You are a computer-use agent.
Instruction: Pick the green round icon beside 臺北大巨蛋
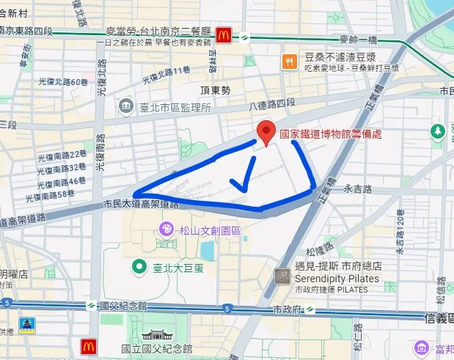tap(137, 266)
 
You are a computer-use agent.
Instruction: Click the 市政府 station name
tap(287, 309)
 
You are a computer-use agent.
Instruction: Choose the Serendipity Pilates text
tap(337, 279)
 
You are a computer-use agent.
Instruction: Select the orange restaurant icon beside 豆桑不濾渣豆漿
tap(290, 62)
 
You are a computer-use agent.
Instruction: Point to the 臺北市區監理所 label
tap(175, 107)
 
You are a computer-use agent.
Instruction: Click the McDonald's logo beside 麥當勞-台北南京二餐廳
tap(224, 34)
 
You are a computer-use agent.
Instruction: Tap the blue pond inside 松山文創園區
tap(208, 250)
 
